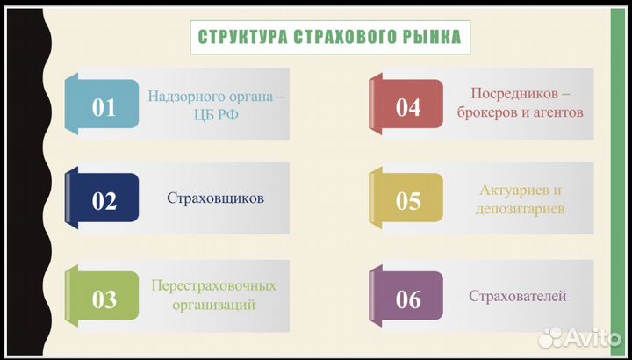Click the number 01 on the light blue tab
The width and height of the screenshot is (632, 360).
[x=104, y=107]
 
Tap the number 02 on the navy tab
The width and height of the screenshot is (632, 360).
[x=104, y=201]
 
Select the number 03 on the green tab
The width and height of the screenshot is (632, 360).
[x=104, y=299]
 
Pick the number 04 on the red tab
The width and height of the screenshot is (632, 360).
[x=408, y=107]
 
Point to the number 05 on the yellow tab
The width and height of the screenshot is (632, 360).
[x=408, y=201]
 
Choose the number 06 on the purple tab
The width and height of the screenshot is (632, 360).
[x=408, y=299]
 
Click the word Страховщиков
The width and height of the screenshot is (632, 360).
[x=215, y=198]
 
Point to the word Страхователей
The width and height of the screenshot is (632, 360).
[x=517, y=296]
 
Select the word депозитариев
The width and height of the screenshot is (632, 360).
[x=514, y=209]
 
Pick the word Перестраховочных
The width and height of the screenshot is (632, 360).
[x=213, y=286]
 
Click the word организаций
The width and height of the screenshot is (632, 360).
[x=214, y=306]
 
